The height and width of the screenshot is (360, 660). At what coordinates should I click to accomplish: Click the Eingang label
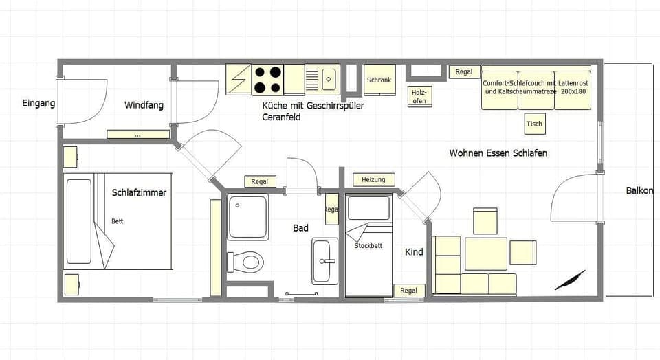pos(38,104)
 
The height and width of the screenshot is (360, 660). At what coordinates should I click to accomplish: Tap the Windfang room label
pos(144,105)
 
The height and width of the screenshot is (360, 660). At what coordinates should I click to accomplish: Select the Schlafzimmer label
pos(139,192)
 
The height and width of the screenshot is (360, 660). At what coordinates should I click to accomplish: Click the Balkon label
pos(639,190)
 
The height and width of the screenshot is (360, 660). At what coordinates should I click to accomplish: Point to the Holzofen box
pos(419,96)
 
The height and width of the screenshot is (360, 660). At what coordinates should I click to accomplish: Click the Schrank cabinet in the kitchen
pos(379,80)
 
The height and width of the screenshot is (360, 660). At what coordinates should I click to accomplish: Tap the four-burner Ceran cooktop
pos(268,79)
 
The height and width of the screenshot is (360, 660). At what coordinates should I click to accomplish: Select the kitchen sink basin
pos(328,78)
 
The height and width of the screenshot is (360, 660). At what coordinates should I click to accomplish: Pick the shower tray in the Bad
pos(247,216)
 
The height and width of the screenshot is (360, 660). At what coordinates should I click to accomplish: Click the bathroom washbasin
pos(325,261)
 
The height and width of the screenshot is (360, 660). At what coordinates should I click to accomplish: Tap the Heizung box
pos(373,180)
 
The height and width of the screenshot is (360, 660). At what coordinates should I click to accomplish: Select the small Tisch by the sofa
pos(534,124)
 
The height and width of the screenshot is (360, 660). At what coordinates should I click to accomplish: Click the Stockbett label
pos(368,245)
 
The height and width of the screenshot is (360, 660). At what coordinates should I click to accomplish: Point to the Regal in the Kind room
pos(408,291)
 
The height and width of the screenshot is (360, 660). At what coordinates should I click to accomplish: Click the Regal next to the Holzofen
pos(464,71)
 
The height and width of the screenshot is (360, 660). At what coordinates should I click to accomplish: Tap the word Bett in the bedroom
pos(118,221)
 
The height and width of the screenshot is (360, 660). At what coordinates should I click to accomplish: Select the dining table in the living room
pos(486,254)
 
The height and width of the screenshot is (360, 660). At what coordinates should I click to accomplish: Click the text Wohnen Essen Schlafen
pos(498,153)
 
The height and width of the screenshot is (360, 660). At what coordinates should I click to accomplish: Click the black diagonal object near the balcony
pos(570,280)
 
